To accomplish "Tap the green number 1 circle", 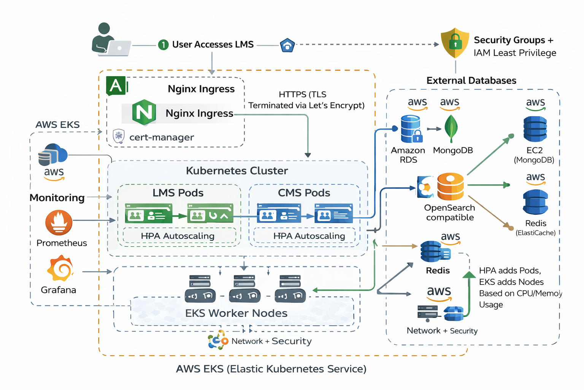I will click(163, 45).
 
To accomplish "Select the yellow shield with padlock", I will click(455, 43).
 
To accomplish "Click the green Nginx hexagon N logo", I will click(144, 112).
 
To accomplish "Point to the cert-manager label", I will click(162, 137).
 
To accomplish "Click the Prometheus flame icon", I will click(59, 222).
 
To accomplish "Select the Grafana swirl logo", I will click(60, 269).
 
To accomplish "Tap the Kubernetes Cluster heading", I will click(237, 171).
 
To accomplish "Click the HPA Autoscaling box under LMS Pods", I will click(178, 236).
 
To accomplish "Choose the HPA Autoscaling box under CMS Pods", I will click(309, 236).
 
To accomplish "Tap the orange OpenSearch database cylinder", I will click(451, 187).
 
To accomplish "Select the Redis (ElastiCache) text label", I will click(535, 227).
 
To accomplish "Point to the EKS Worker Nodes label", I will click(236, 313).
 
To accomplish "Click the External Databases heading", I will click(471, 80).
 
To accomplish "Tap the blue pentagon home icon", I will click(287, 45).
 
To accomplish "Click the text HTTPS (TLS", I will click(302, 94).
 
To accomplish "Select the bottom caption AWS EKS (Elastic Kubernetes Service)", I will click(271, 369).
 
